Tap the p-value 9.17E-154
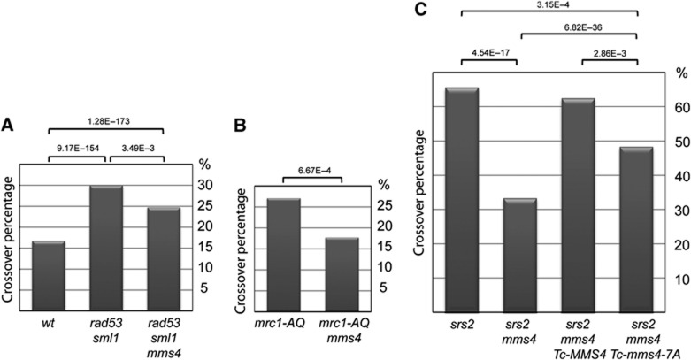click(x=77, y=149)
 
